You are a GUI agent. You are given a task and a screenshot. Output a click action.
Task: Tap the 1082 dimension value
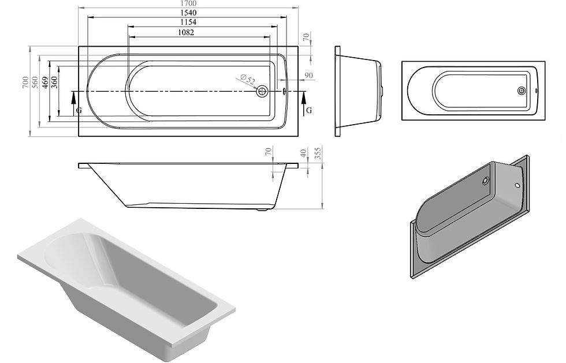pyautogui.click(x=186, y=33)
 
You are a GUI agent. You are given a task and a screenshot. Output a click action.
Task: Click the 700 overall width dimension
pyautogui.click(x=24, y=83)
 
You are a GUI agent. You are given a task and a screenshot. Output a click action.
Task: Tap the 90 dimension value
pyautogui.click(x=309, y=76)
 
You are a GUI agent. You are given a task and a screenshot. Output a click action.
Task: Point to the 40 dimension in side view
pyautogui.click(x=304, y=154)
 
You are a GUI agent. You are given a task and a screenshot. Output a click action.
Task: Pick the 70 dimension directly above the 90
pyautogui.click(x=306, y=36)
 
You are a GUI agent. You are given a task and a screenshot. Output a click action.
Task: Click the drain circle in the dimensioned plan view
pyautogui.click(x=263, y=91)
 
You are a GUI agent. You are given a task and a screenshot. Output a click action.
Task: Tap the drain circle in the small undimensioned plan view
pyautogui.click(x=522, y=90)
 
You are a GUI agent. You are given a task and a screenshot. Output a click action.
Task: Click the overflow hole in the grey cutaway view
pyautogui.click(x=517, y=186)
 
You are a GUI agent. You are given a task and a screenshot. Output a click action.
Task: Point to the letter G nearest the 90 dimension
pyautogui.click(x=309, y=110)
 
